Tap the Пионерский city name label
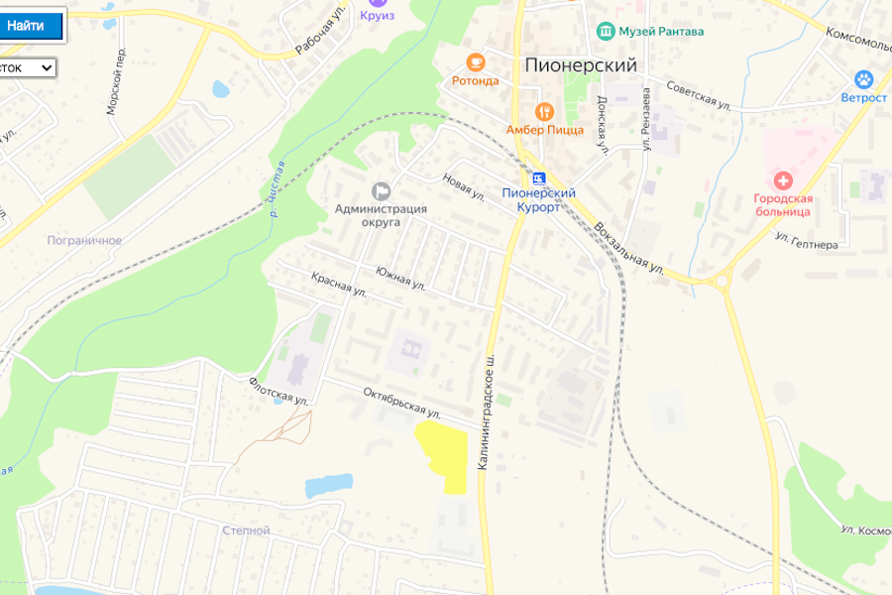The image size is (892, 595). [580, 65]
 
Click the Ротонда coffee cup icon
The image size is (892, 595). [475, 61]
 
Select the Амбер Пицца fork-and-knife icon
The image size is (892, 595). [543, 110]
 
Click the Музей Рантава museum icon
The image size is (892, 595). [605, 31]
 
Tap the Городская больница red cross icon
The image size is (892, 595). [783, 179]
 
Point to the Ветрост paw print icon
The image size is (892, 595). [864, 79]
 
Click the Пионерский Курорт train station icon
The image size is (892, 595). [538, 178]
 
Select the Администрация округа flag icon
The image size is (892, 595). [381, 189]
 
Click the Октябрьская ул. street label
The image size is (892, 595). [401, 402]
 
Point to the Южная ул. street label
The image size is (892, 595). [400, 278]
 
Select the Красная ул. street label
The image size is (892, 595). [339, 285]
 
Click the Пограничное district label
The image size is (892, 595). [84, 240]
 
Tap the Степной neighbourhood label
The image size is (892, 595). [246, 531]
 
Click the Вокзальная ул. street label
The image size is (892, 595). [629, 248]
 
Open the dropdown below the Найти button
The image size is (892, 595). [28, 67]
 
